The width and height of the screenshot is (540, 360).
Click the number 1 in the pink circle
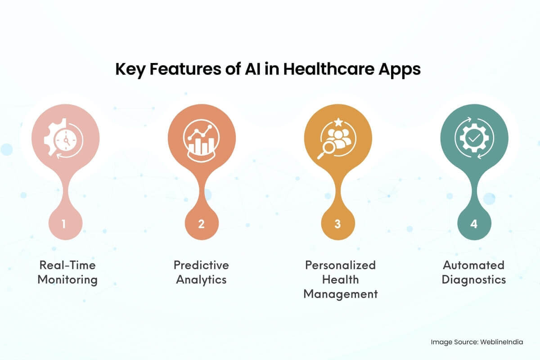pyautogui.click(x=64, y=224)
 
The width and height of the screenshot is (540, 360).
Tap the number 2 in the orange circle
pyautogui.click(x=201, y=224)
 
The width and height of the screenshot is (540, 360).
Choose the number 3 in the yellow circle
pyautogui.click(x=337, y=224)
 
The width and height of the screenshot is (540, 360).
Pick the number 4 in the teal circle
pyautogui.click(x=474, y=224)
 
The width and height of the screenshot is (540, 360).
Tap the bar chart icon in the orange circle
pyautogui.click(x=201, y=139)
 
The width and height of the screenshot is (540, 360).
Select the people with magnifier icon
pyautogui.click(x=337, y=141)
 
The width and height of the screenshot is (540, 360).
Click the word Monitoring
pyautogui.click(x=67, y=279)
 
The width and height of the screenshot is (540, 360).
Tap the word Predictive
pyautogui.click(x=201, y=265)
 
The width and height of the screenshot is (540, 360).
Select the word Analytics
pyautogui.click(x=201, y=279)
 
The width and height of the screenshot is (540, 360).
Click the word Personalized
pyautogui.click(x=340, y=265)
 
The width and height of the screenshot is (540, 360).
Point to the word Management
pyautogui.click(x=340, y=294)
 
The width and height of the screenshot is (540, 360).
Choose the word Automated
pyautogui.click(x=474, y=265)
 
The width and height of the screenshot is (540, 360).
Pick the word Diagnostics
pyautogui.click(x=474, y=279)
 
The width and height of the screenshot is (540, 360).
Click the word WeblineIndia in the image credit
pyautogui.click(x=503, y=342)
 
